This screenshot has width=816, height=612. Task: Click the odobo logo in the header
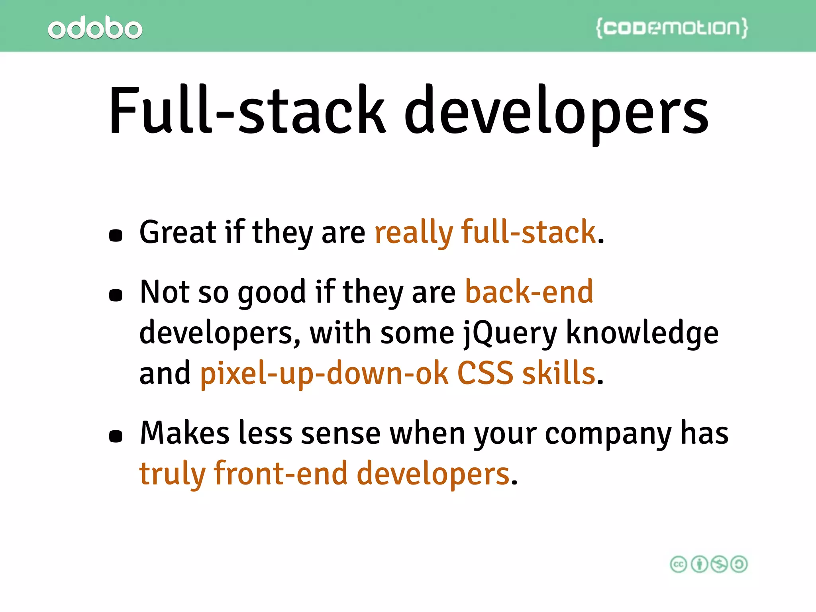(95, 28)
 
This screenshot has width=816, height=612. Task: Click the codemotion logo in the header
(672, 28)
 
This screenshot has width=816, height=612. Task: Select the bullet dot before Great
(116, 235)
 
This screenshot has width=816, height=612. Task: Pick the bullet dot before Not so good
(116, 295)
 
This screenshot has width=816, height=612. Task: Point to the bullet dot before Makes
(116, 436)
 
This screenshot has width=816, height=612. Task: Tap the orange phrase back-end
(529, 292)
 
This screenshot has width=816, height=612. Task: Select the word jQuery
(510, 334)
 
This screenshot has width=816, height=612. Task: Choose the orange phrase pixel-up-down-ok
(324, 374)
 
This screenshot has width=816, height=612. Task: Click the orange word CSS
(485, 373)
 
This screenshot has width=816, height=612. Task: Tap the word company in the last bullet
(608, 434)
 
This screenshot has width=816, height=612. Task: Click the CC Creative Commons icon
(679, 564)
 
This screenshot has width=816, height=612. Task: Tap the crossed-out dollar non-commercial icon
(719, 564)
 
